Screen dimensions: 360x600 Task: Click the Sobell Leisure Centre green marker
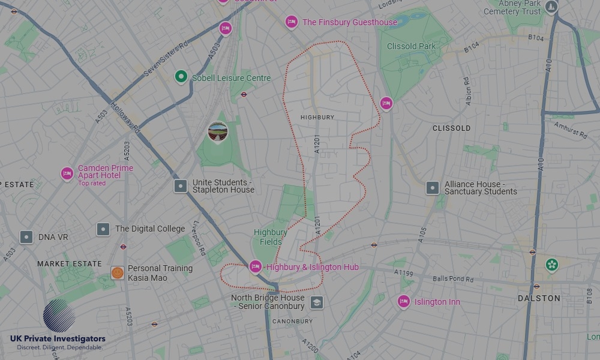click(x=181, y=77)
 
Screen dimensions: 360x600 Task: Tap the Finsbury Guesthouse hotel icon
click(x=292, y=22)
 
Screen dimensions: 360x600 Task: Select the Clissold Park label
click(x=411, y=46)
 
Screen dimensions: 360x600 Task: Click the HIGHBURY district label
click(x=317, y=118)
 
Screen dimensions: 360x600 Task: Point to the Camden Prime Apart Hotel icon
click(x=67, y=173)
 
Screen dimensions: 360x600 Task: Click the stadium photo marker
click(x=218, y=131)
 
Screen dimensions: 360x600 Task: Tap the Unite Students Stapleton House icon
click(x=181, y=186)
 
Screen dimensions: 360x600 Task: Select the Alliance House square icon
click(x=433, y=188)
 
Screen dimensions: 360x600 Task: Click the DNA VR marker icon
click(x=26, y=237)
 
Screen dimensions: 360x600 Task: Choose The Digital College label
click(x=150, y=229)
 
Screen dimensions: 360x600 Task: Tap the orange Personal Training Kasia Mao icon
click(x=118, y=273)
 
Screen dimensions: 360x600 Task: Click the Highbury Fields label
click(x=270, y=237)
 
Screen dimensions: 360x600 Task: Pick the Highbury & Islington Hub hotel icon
click(x=256, y=266)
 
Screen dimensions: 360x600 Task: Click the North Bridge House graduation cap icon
click(x=317, y=302)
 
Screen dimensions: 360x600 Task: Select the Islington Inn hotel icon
click(x=404, y=301)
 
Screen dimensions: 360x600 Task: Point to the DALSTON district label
click(x=539, y=298)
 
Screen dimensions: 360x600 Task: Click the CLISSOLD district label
click(x=451, y=128)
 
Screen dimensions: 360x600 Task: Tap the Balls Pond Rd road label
click(x=453, y=279)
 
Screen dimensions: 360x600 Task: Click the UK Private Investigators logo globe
click(x=59, y=316)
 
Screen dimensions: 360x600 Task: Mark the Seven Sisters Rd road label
click(x=166, y=59)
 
